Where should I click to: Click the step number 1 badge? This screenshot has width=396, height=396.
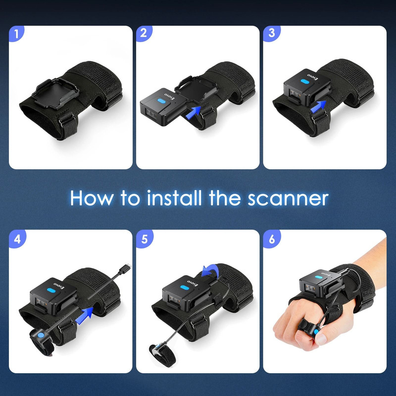(17, 34)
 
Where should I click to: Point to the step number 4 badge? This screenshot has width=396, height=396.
(17, 239)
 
